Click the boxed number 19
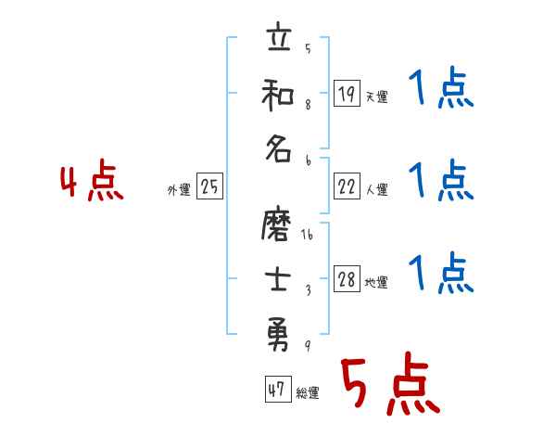pos(347,93)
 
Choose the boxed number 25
pos(209,187)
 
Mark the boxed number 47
pos(276,391)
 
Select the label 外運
pos(179,190)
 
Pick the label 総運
pos(308,393)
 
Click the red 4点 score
pos(93,184)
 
